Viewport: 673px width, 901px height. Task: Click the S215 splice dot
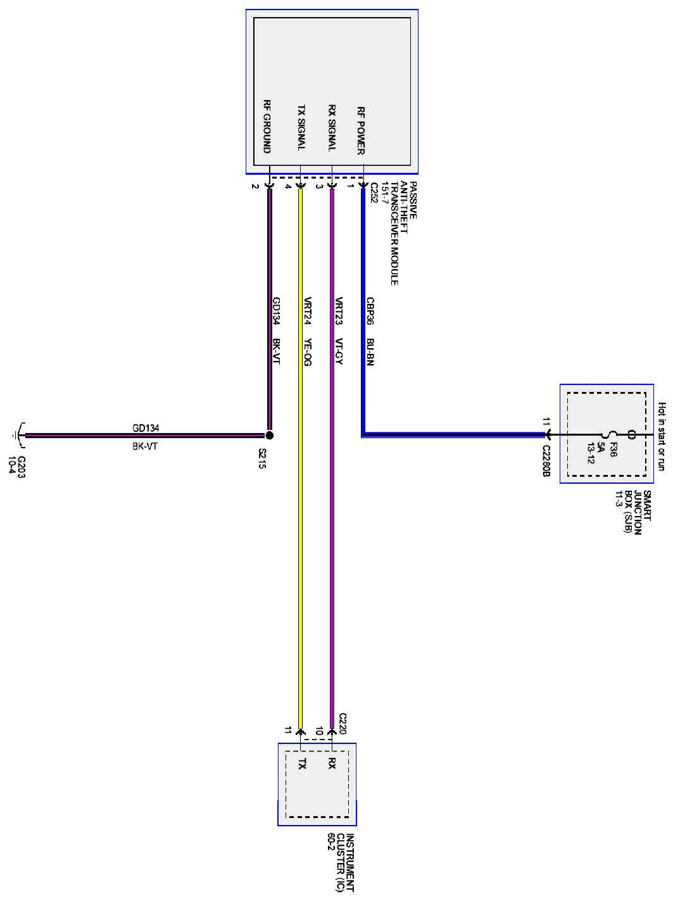(269, 436)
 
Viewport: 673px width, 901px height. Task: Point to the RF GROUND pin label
(267, 126)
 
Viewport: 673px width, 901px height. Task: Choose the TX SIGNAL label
(301, 128)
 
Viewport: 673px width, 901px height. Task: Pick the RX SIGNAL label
(331, 128)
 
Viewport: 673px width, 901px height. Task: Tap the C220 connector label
(343, 723)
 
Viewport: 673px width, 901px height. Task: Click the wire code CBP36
(370, 312)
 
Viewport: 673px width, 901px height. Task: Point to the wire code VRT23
(339, 311)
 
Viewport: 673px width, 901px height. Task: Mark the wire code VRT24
(307, 311)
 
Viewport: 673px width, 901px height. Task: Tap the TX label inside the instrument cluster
(302, 764)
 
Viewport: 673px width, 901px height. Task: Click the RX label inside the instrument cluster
(332, 764)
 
